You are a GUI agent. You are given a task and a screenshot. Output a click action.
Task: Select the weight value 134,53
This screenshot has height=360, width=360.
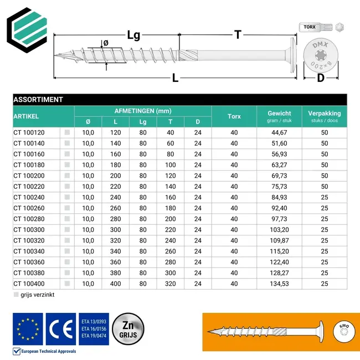tap(279, 284)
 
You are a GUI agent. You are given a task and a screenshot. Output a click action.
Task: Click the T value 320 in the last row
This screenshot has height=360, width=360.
tap(170, 284)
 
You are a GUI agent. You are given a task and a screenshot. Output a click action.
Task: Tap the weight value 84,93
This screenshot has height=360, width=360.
tap(279, 197)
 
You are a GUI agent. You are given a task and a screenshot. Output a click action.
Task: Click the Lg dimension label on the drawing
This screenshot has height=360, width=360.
tap(133, 35)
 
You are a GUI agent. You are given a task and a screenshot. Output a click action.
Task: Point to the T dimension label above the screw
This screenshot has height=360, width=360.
tap(237, 35)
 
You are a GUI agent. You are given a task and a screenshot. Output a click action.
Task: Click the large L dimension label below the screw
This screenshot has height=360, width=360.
tap(175, 78)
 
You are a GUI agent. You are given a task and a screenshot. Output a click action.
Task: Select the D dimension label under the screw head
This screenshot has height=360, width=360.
tap(320, 78)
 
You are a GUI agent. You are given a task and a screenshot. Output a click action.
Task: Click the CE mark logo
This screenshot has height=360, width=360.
tap(60, 329)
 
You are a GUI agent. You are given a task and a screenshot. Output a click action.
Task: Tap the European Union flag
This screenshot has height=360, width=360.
tap(27, 329)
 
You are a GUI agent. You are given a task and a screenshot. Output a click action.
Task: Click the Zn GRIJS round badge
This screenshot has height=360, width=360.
tap(128, 329)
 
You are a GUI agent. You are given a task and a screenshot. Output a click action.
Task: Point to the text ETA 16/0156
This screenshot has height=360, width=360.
tap(94, 329)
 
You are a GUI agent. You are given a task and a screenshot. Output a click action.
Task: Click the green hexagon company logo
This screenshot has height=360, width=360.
tap(28, 28)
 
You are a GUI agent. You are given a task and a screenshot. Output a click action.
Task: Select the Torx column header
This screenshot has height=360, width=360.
tap(234, 116)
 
